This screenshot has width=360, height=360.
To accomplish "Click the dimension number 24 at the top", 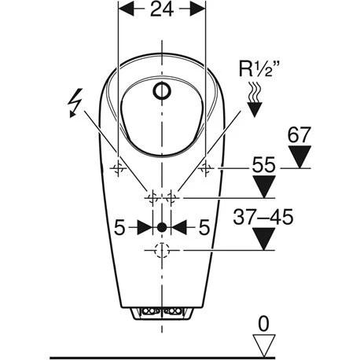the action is (x=162, y=9).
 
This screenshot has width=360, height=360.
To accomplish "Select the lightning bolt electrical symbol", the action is (x=75, y=103).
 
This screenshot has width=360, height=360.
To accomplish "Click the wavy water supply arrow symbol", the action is (x=254, y=100).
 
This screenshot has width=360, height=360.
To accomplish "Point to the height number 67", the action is (x=299, y=135).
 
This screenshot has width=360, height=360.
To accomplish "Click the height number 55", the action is (x=263, y=165).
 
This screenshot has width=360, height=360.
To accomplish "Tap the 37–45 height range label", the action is (x=263, y=217).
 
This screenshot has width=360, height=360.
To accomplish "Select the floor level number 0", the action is (x=263, y=324).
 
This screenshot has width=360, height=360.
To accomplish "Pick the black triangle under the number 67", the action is (x=299, y=156).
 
